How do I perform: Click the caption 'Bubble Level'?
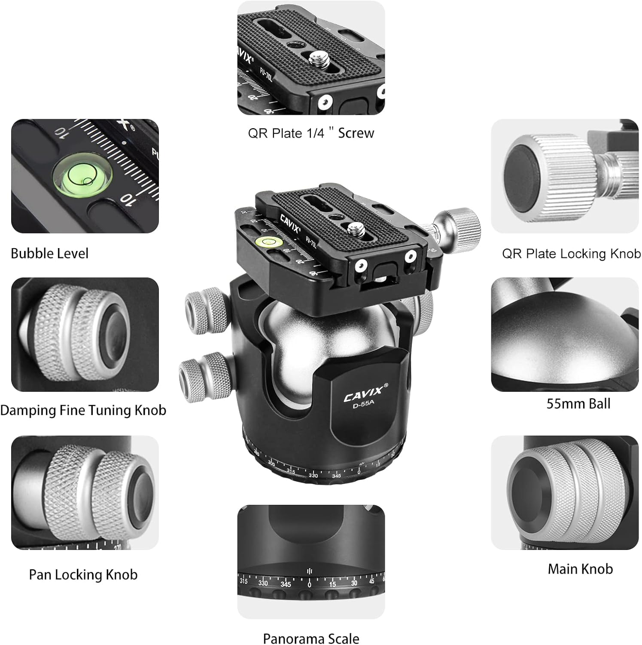[x=49, y=254]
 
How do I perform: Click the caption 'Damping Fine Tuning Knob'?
[x=83, y=410]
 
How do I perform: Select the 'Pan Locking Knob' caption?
[x=83, y=574]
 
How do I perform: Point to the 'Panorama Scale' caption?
[x=311, y=639]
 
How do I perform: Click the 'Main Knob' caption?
[x=580, y=569]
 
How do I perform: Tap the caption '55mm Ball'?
[x=578, y=404]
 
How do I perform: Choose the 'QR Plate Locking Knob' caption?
[x=571, y=254]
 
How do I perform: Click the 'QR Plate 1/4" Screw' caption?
[x=311, y=133]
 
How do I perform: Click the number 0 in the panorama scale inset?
[x=309, y=585]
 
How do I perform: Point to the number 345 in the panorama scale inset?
[x=286, y=584]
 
